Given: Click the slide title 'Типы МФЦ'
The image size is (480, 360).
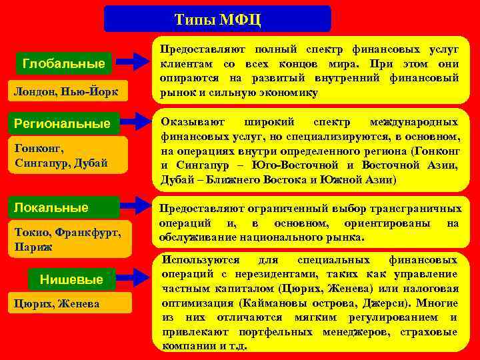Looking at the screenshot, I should coord(217,19).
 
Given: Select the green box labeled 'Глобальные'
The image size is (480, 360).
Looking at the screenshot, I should coord(63,64).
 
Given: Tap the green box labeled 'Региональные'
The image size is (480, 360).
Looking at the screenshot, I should coord(63,123).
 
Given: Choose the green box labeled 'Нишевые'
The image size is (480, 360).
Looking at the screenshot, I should coord(71,279).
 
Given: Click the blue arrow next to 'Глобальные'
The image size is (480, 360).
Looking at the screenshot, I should coord(137,62).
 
